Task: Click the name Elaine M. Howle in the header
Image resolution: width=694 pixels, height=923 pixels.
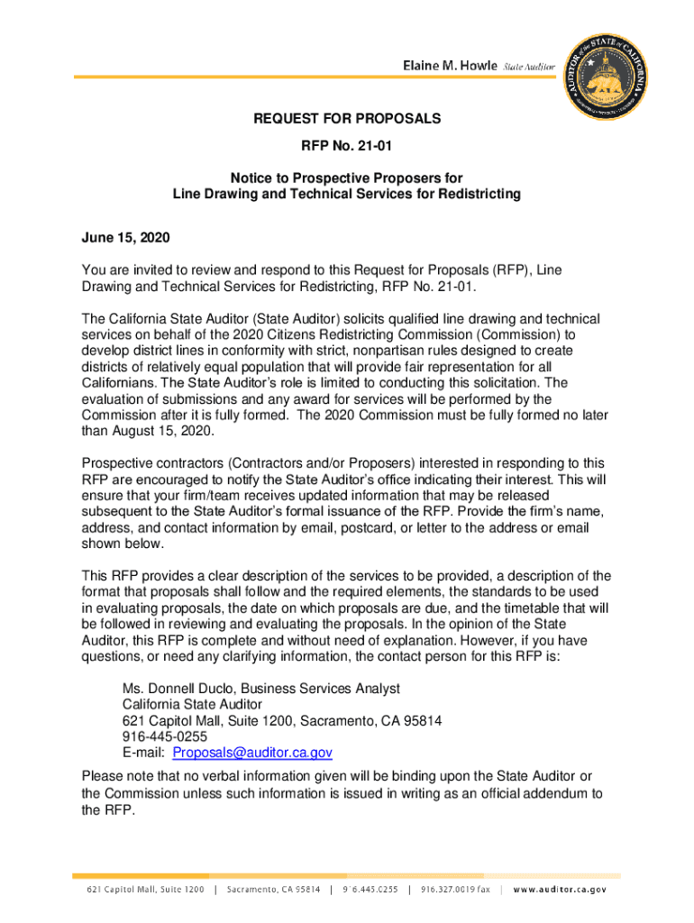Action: [x=449, y=68]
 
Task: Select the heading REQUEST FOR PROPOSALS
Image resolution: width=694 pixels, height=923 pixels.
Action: [x=346, y=119]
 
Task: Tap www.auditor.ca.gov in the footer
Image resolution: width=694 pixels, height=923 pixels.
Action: [x=560, y=890]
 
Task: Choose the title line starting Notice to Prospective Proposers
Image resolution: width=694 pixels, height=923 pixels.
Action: [x=346, y=178]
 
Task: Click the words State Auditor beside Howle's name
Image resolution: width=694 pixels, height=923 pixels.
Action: [x=529, y=69]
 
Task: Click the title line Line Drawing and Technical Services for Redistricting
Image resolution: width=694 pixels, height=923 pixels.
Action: [x=346, y=195]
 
